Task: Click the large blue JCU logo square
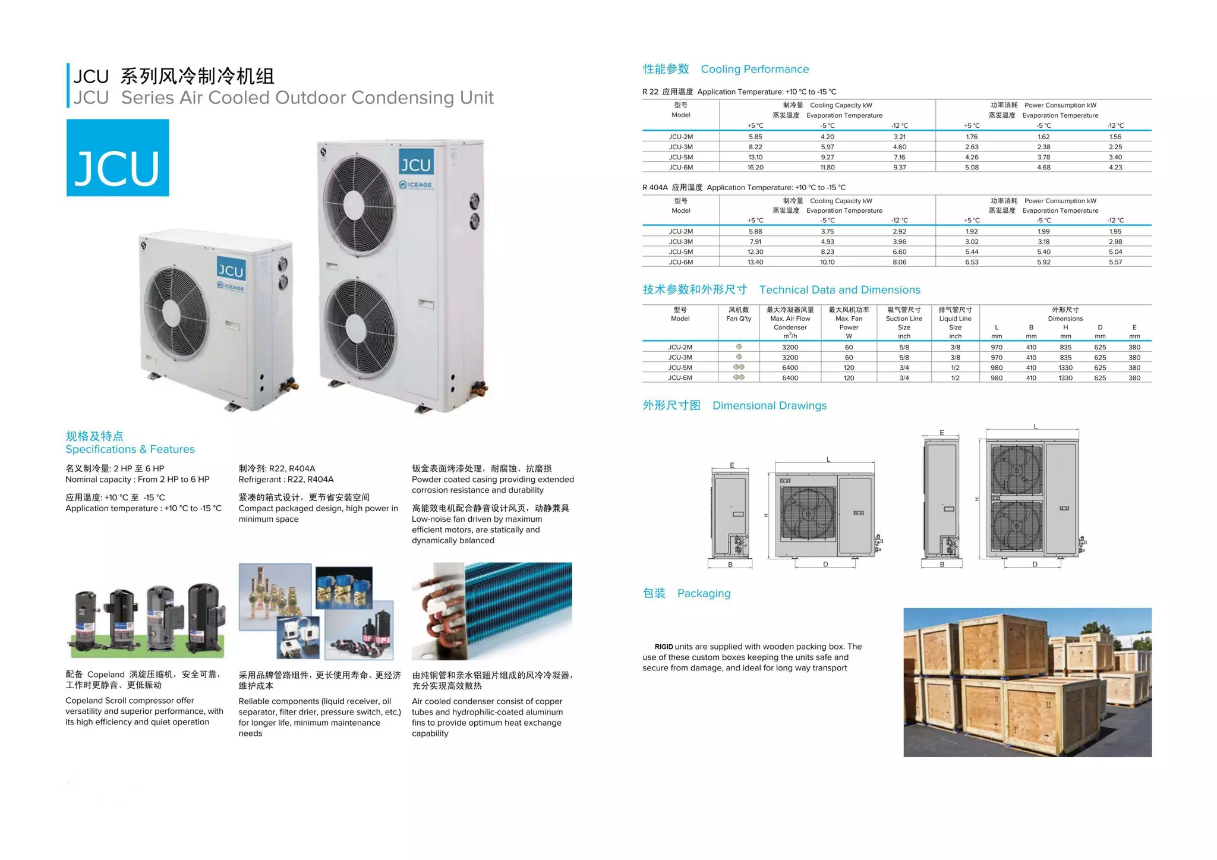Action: pyautogui.click(x=118, y=157)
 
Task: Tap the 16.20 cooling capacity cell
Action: pyautogui.click(x=755, y=168)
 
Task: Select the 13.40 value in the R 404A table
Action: pyautogui.click(x=755, y=262)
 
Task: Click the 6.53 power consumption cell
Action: pyautogui.click(x=972, y=262)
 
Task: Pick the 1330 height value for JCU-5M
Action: pyautogui.click(x=1065, y=368)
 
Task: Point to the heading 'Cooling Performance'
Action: pyautogui.click(x=755, y=70)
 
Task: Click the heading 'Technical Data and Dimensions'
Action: pyautogui.click(x=839, y=290)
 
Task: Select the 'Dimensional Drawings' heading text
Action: pyautogui.click(x=769, y=406)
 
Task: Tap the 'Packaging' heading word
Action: pyautogui.click(x=704, y=594)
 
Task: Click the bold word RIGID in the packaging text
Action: pyautogui.click(x=664, y=647)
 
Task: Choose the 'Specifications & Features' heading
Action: pyautogui.click(x=130, y=449)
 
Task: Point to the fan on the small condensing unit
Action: pyautogui.click(x=177, y=313)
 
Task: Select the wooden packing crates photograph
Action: pyautogui.click(x=1027, y=682)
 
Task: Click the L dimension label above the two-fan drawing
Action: pyautogui.click(x=1035, y=427)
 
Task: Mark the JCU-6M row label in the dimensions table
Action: pyautogui.click(x=680, y=378)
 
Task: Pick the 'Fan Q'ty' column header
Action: pyautogui.click(x=739, y=319)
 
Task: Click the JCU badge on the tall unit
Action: pyautogui.click(x=415, y=164)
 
